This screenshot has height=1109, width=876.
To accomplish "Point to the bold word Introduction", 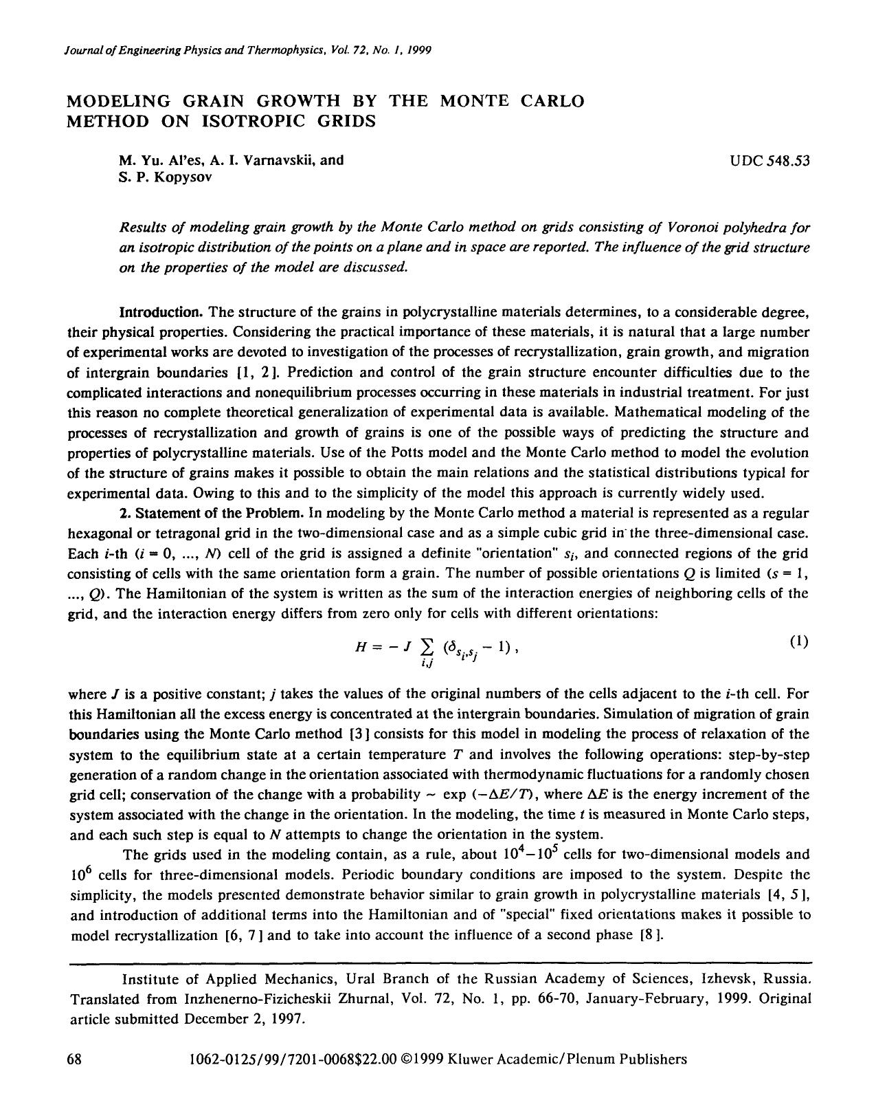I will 161,312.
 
